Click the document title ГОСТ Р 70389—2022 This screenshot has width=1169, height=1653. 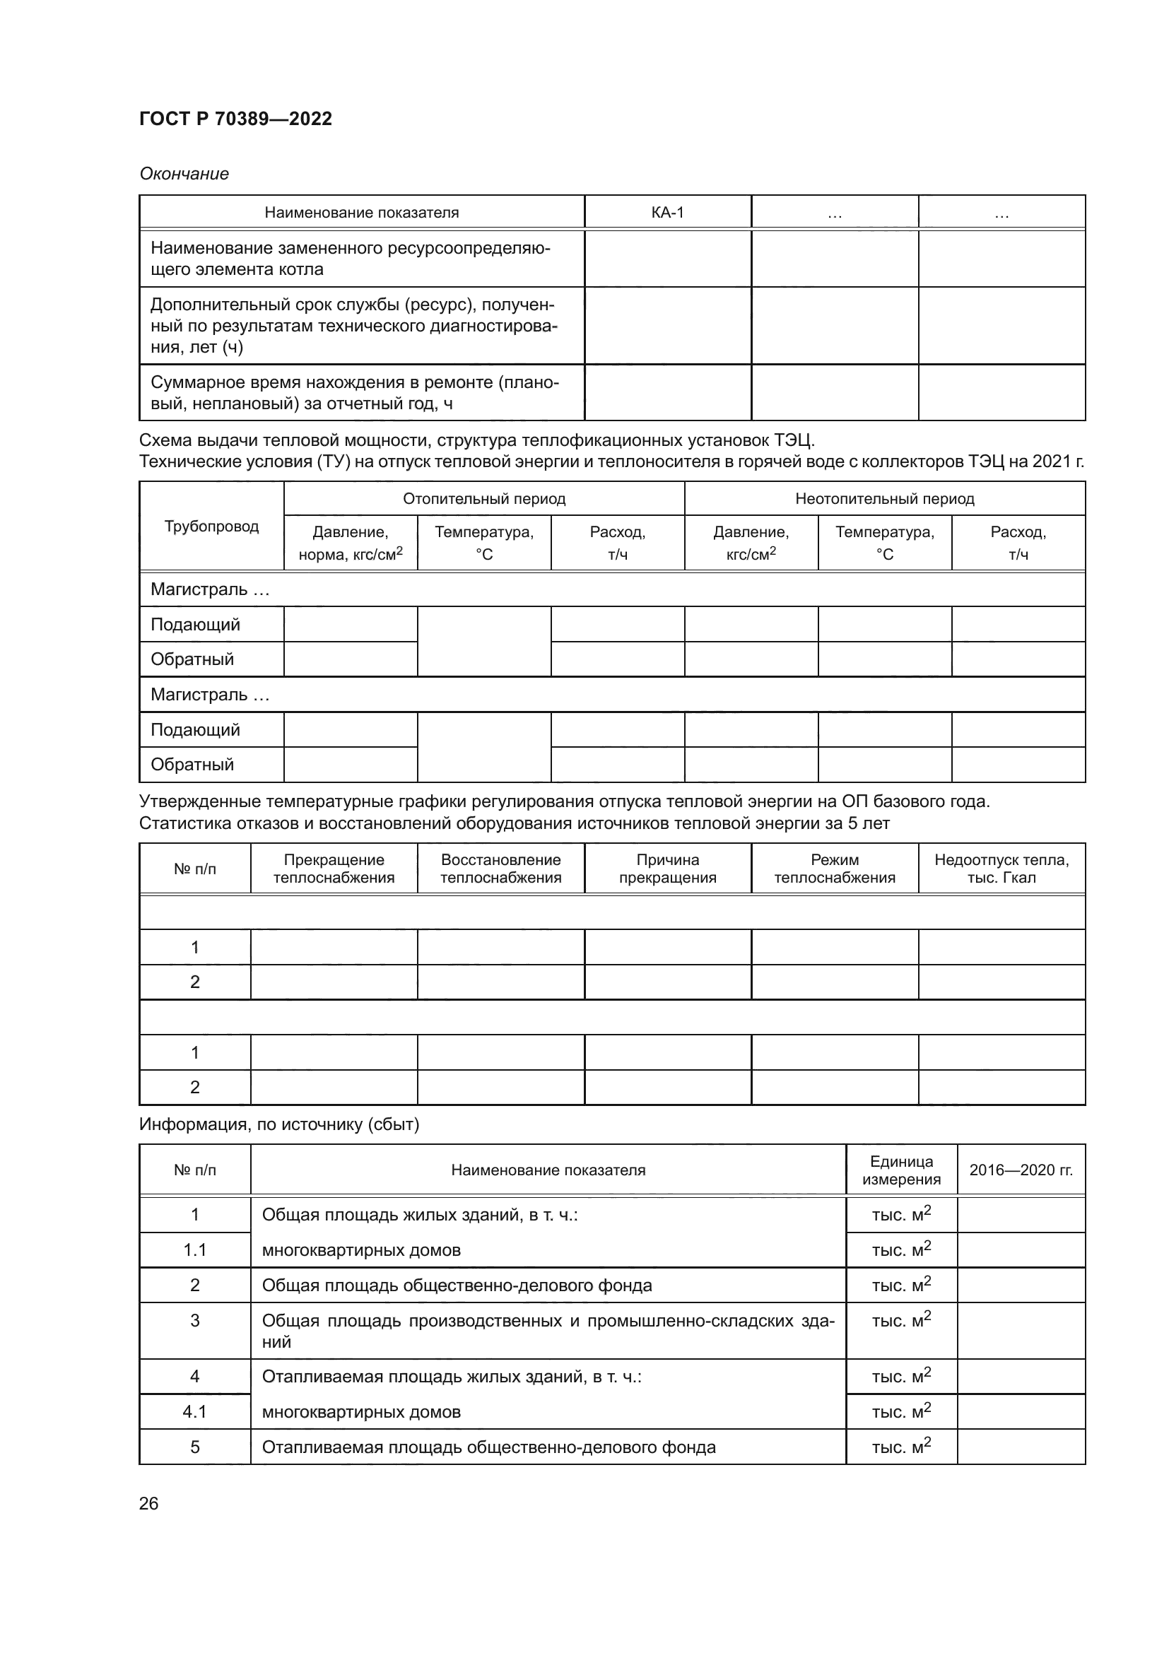click(235, 119)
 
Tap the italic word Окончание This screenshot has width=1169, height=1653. click(184, 174)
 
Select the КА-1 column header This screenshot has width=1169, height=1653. click(667, 213)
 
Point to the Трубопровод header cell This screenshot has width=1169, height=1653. click(211, 527)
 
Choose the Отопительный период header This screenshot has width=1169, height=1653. click(483, 499)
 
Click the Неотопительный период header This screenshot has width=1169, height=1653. click(884, 499)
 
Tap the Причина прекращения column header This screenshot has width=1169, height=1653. click(667, 869)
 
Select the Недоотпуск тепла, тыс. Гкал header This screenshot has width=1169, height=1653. click(1001, 869)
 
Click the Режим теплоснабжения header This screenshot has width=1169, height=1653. click(834, 869)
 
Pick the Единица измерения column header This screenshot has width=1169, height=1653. click(901, 1170)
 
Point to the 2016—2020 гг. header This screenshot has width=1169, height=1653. click(1021, 1170)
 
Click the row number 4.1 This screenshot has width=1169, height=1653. click(194, 1412)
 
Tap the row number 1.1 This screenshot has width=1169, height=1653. click(194, 1250)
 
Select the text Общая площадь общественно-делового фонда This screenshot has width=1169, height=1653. click(457, 1285)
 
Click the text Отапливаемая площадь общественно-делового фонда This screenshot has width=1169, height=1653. click(488, 1447)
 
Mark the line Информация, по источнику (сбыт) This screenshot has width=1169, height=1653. click(278, 1124)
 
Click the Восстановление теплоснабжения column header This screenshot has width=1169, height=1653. click(500, 869)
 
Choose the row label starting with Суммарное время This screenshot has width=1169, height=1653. click(354, 392)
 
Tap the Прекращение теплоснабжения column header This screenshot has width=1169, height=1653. click(334, 869)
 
